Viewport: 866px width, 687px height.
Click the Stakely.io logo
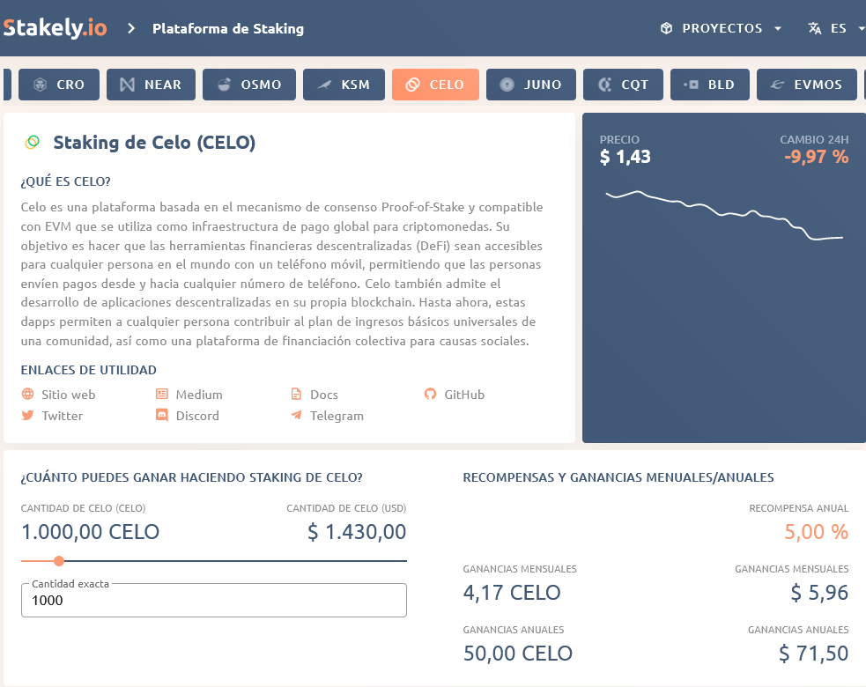55,28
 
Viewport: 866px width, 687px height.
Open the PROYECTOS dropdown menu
721,28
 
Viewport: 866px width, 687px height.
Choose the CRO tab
60,85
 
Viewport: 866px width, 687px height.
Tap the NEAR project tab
152,85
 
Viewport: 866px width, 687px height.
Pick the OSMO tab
249,85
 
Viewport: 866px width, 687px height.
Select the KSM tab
343,85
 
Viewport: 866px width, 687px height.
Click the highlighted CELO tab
435,85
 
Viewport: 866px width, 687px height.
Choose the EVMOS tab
806,85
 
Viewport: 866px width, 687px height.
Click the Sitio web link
68,395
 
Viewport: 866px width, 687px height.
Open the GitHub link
463,395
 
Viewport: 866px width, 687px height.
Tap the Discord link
196,416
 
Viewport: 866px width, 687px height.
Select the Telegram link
336,416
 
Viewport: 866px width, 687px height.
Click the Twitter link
62,416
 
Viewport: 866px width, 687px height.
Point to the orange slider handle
59,561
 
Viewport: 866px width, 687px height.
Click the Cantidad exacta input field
214,601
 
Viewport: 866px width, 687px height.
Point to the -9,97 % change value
816,158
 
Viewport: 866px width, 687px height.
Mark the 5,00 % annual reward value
816,532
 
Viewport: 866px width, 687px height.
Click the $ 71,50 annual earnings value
813,654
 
